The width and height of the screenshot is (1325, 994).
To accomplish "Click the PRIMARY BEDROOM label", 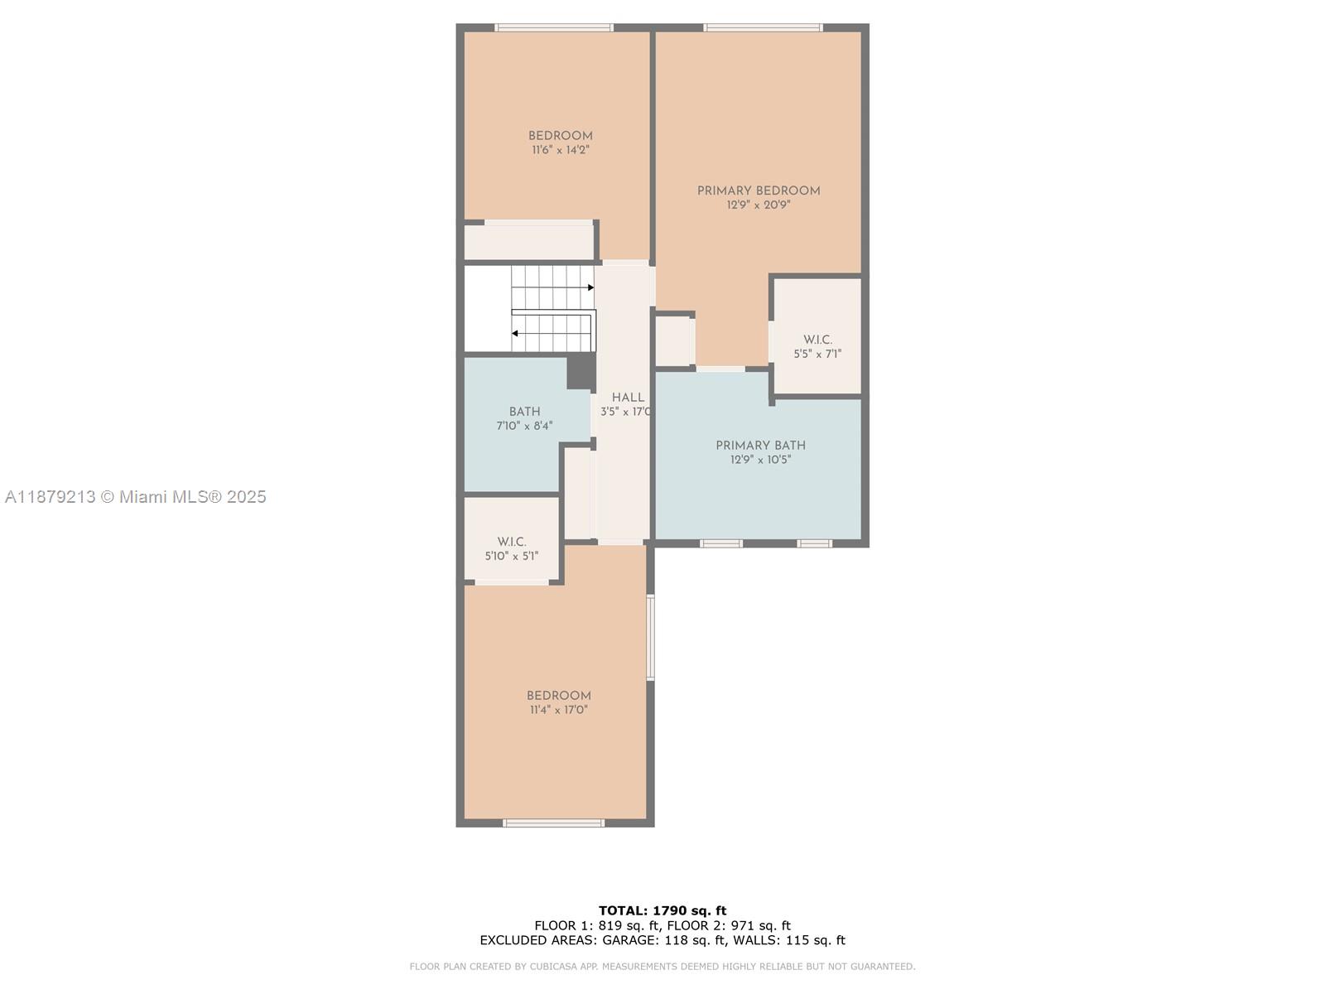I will point(759,191).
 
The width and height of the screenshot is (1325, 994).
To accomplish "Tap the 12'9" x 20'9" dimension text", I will point(759,205).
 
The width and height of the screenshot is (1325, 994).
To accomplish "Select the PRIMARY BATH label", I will point(760,446).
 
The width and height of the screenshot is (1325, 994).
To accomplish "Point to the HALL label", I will point(628,398).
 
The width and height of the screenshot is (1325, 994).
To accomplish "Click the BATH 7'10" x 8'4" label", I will point(524,418).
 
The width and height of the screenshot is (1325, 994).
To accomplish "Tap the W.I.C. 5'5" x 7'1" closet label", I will point(817,346).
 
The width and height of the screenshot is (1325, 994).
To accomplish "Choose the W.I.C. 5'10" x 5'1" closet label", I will point(512,548).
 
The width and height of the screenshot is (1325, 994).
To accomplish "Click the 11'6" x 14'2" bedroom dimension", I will point(561,151).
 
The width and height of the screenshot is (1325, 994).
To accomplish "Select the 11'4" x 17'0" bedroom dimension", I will point(559,710).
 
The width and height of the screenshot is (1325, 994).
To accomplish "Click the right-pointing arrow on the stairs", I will point(590,287).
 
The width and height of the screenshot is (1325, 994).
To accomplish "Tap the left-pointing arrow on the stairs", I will point(515,334).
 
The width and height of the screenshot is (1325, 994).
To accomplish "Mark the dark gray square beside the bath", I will point(581,372).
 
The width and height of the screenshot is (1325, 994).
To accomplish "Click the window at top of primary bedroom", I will point(763,28).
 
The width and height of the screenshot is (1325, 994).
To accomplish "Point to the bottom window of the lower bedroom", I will point(554,823).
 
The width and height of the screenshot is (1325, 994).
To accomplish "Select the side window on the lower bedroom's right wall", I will point(650,637).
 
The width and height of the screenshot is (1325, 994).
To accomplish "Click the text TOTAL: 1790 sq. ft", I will point(662,910).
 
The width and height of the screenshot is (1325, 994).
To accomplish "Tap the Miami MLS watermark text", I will point(136,497).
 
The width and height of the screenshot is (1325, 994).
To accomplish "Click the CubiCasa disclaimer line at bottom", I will point(662,967).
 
